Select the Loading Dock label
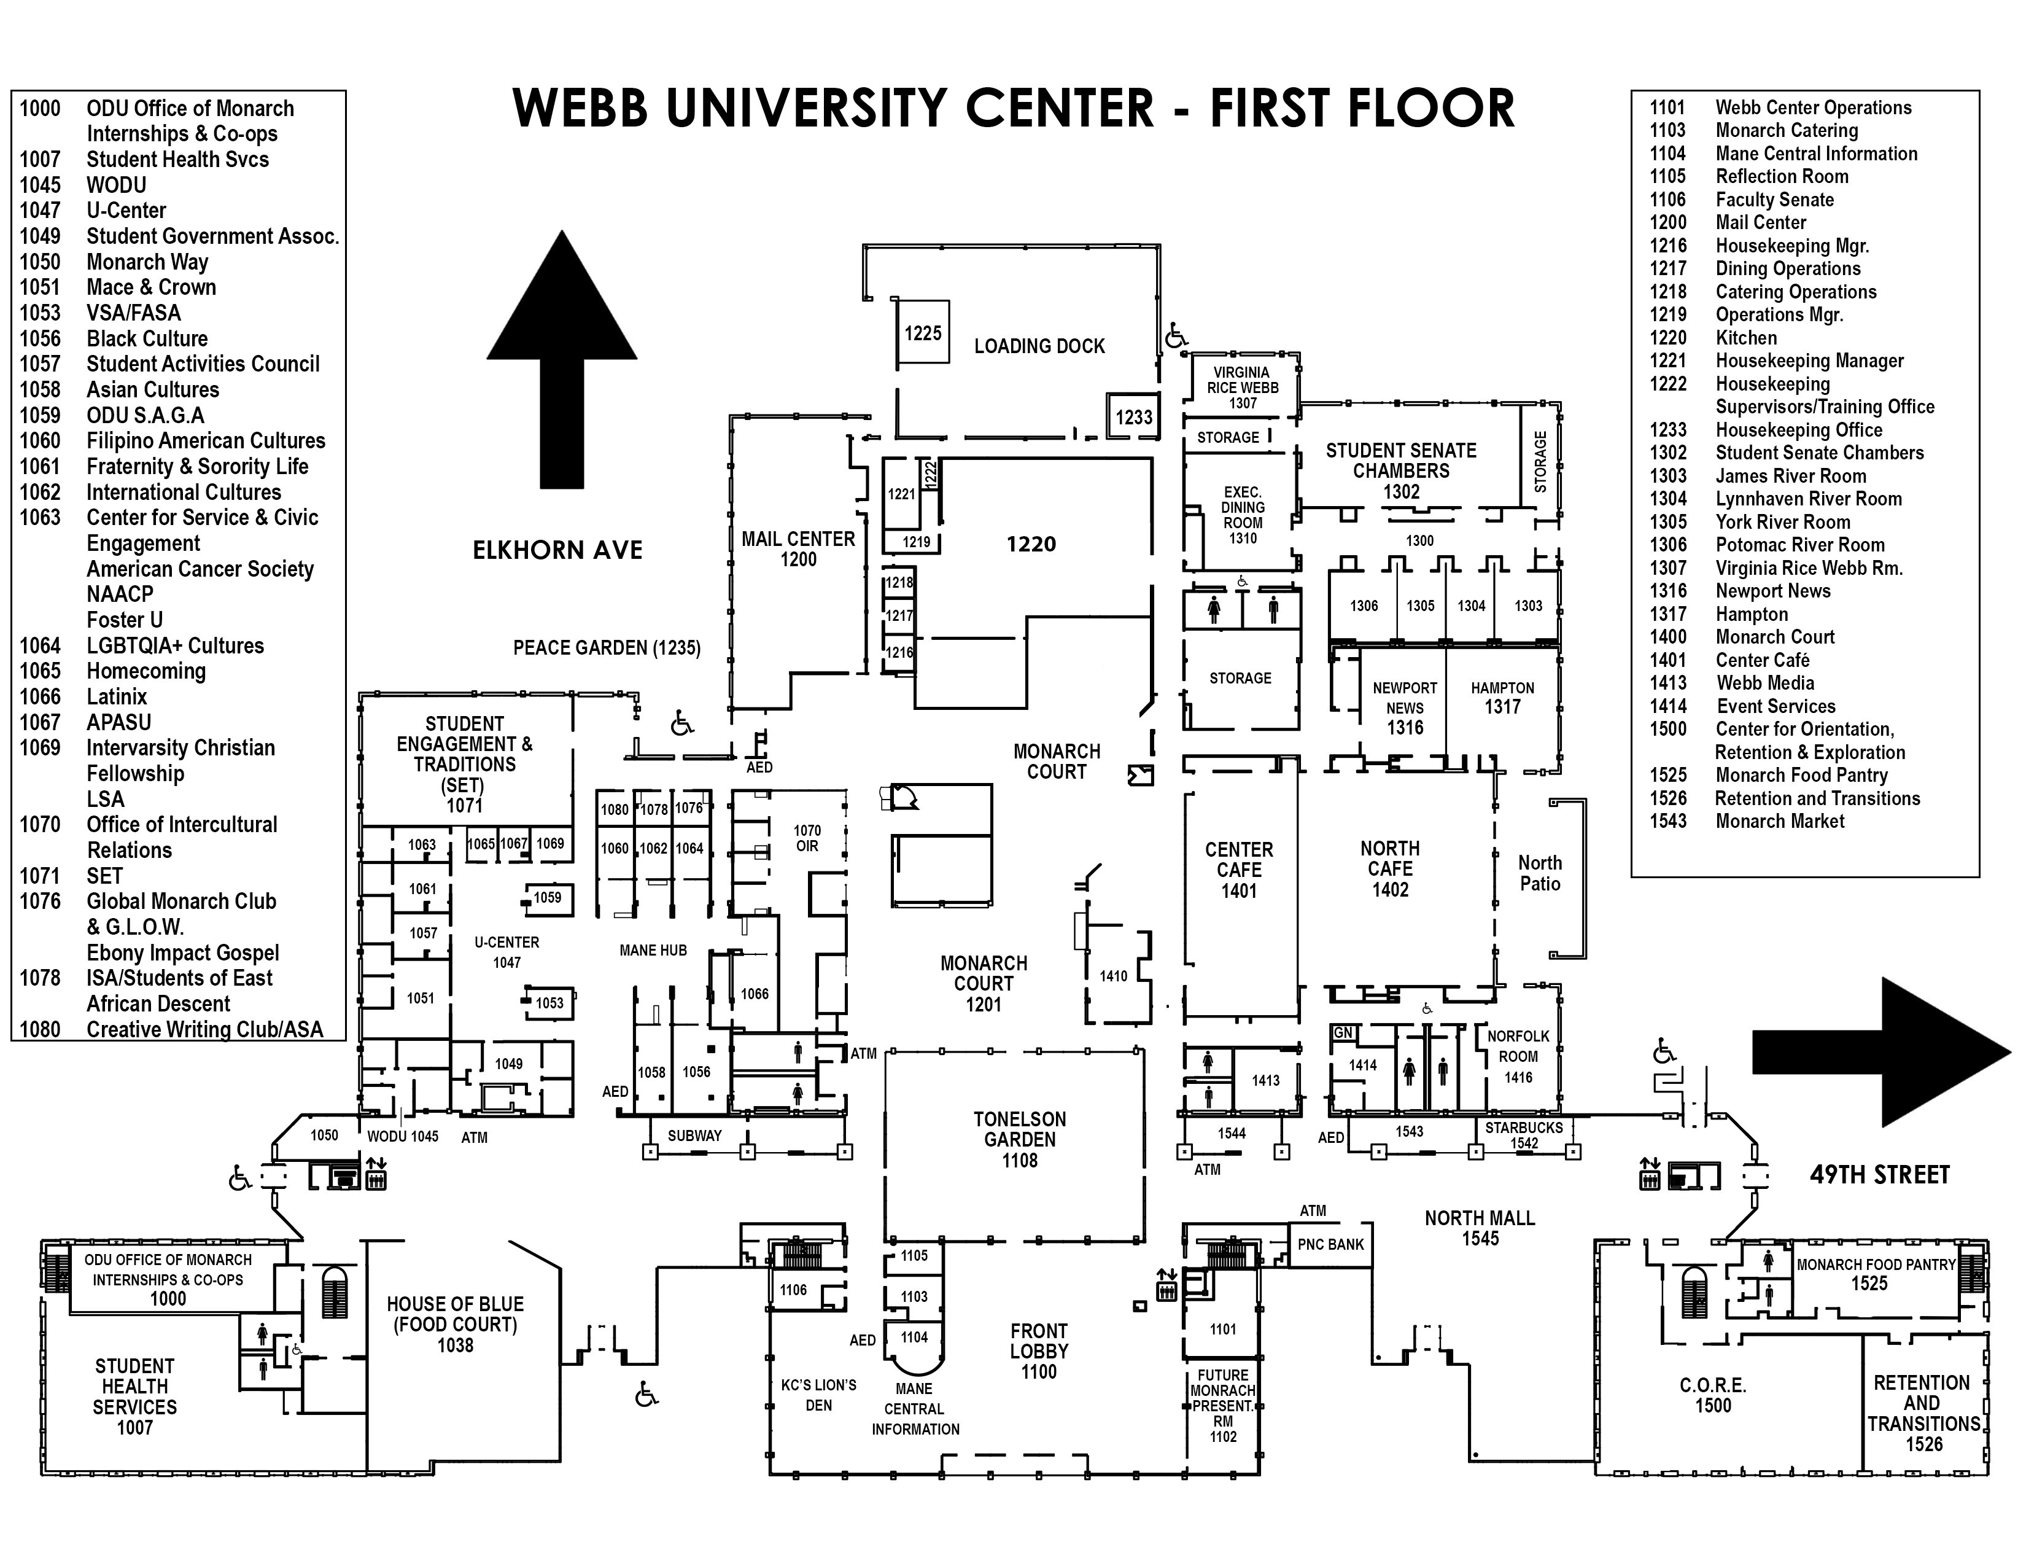pos(1039,346)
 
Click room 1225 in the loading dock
pos(923,333)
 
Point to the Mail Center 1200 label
pos(798,549)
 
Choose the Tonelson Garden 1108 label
pos(1020,1139)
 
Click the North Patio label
pos(1540,873)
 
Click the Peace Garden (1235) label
pos(607,647)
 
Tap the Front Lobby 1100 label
pos(1039,1351)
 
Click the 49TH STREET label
pos(1879,1175)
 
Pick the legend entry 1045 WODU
pos(83,185)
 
